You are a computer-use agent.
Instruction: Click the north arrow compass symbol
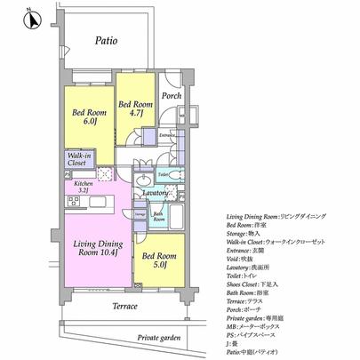tap(28, 18)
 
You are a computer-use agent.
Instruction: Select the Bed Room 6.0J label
tap(85, 117)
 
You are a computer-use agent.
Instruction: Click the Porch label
tap(171, 98)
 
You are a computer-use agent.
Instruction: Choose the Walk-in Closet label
tap(76, 160)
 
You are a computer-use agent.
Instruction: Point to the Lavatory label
tap(156, 192)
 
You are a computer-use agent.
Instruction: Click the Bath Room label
tap(157, 215)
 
